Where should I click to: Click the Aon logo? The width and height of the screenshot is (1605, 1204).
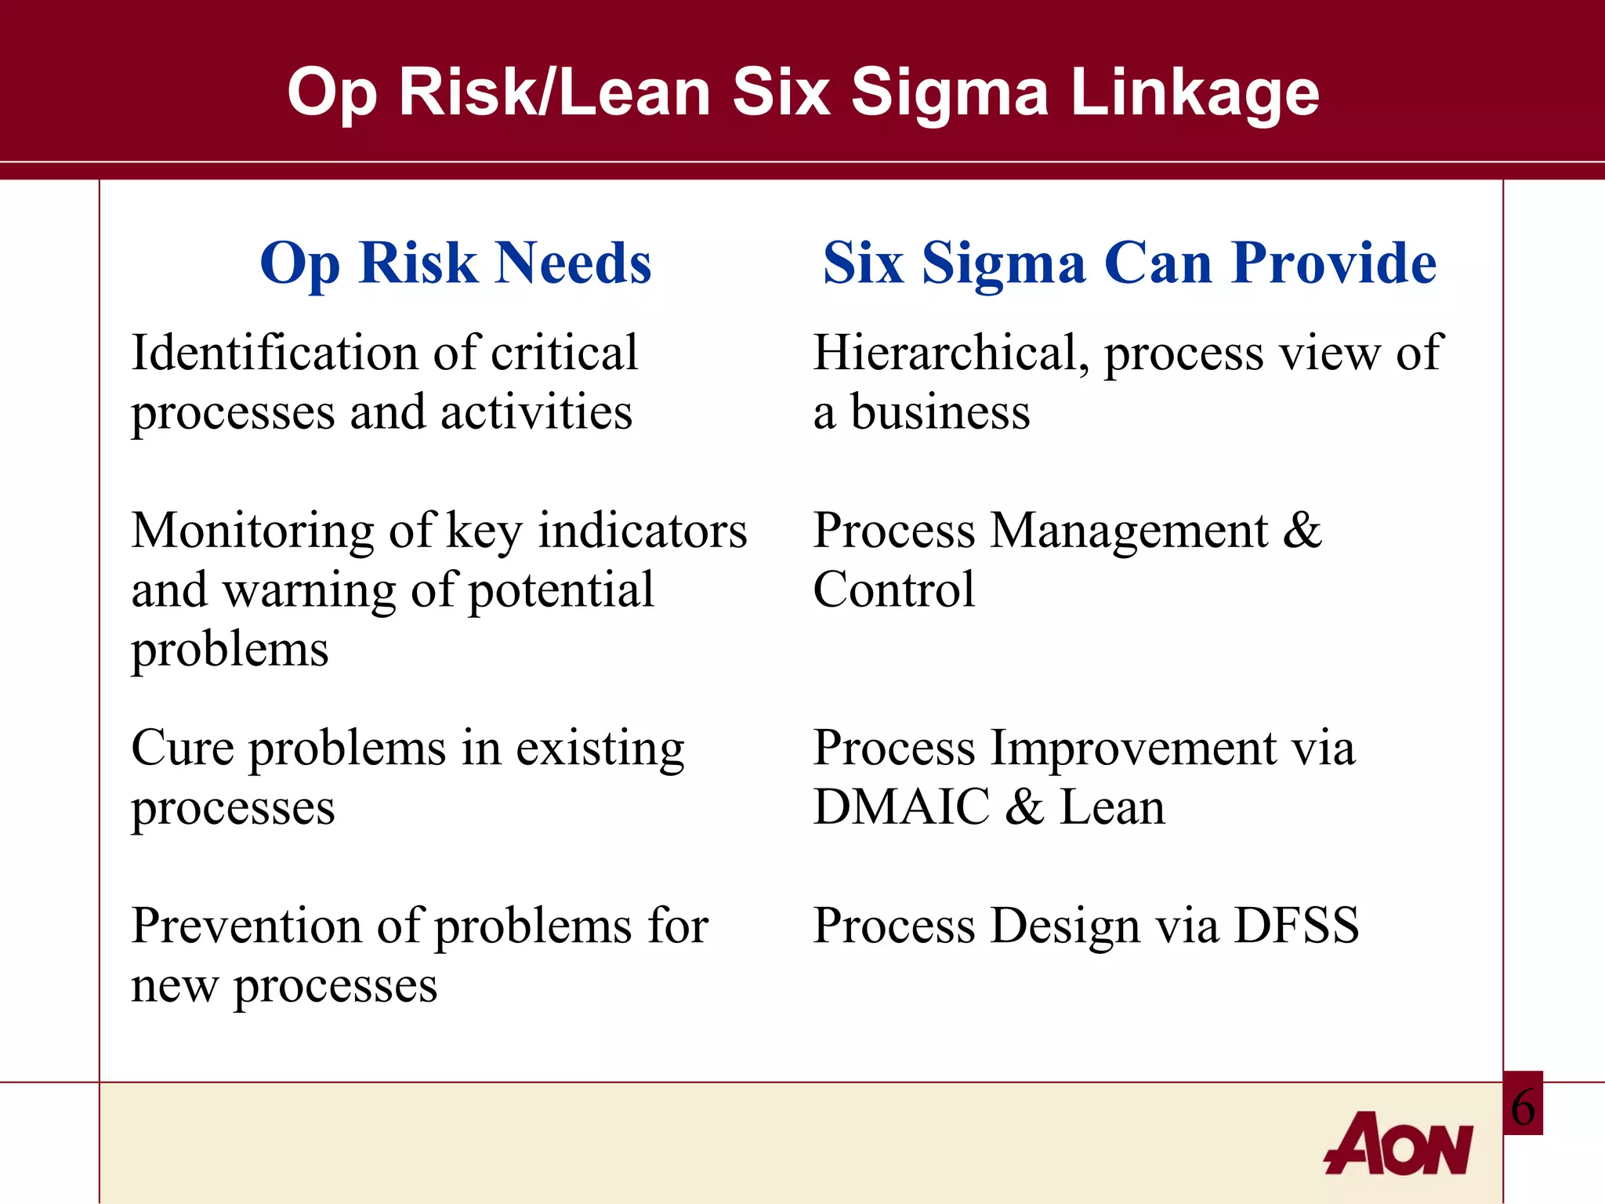[1399, 1144]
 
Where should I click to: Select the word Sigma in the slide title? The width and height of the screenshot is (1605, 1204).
[949, 92]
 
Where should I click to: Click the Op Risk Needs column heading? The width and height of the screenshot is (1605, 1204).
[455, 263]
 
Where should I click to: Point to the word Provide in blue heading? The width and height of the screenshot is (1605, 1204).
[1334, 263]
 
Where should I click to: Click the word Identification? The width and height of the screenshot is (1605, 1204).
[275, 352]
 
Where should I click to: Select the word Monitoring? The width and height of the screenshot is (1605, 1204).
[253, 531]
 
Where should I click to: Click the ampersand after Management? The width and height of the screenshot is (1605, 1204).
[1302, 531]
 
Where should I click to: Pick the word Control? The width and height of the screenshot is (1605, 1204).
[894, 589]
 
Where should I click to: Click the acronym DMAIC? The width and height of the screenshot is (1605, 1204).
[901, 807]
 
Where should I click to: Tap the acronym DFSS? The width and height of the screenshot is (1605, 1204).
[1296, 926]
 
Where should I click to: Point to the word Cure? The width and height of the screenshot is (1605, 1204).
[183, 748]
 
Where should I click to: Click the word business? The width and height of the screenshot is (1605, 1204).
[940, 412]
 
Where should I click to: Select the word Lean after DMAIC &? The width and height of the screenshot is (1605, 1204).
[1112, 807]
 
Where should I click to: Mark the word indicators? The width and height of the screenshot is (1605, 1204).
[643, 531]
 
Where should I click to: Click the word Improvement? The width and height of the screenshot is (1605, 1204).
[1133, 748]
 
